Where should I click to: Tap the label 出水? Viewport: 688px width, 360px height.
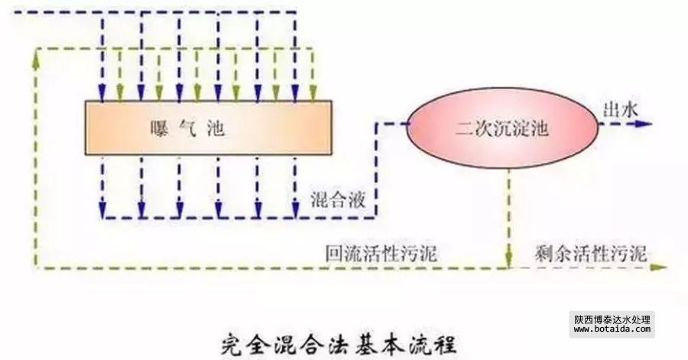click(621, 109)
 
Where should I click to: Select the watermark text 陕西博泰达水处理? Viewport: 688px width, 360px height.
click(612, 319)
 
